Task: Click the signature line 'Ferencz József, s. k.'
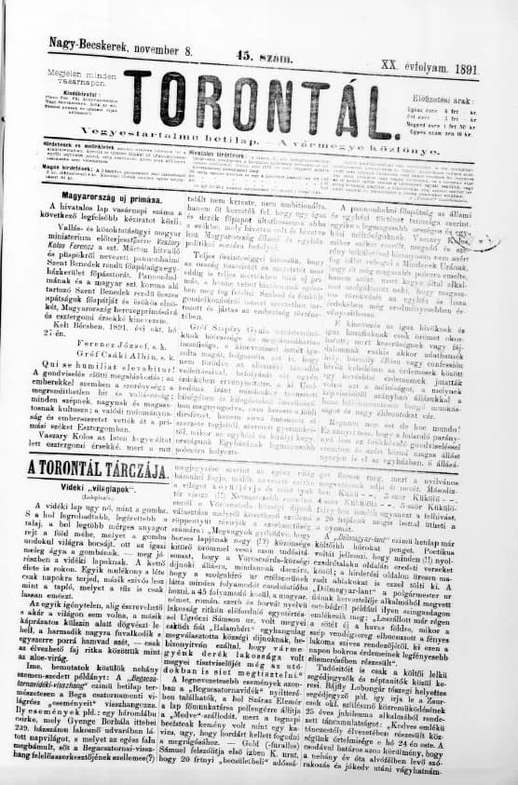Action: click(88, 328)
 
